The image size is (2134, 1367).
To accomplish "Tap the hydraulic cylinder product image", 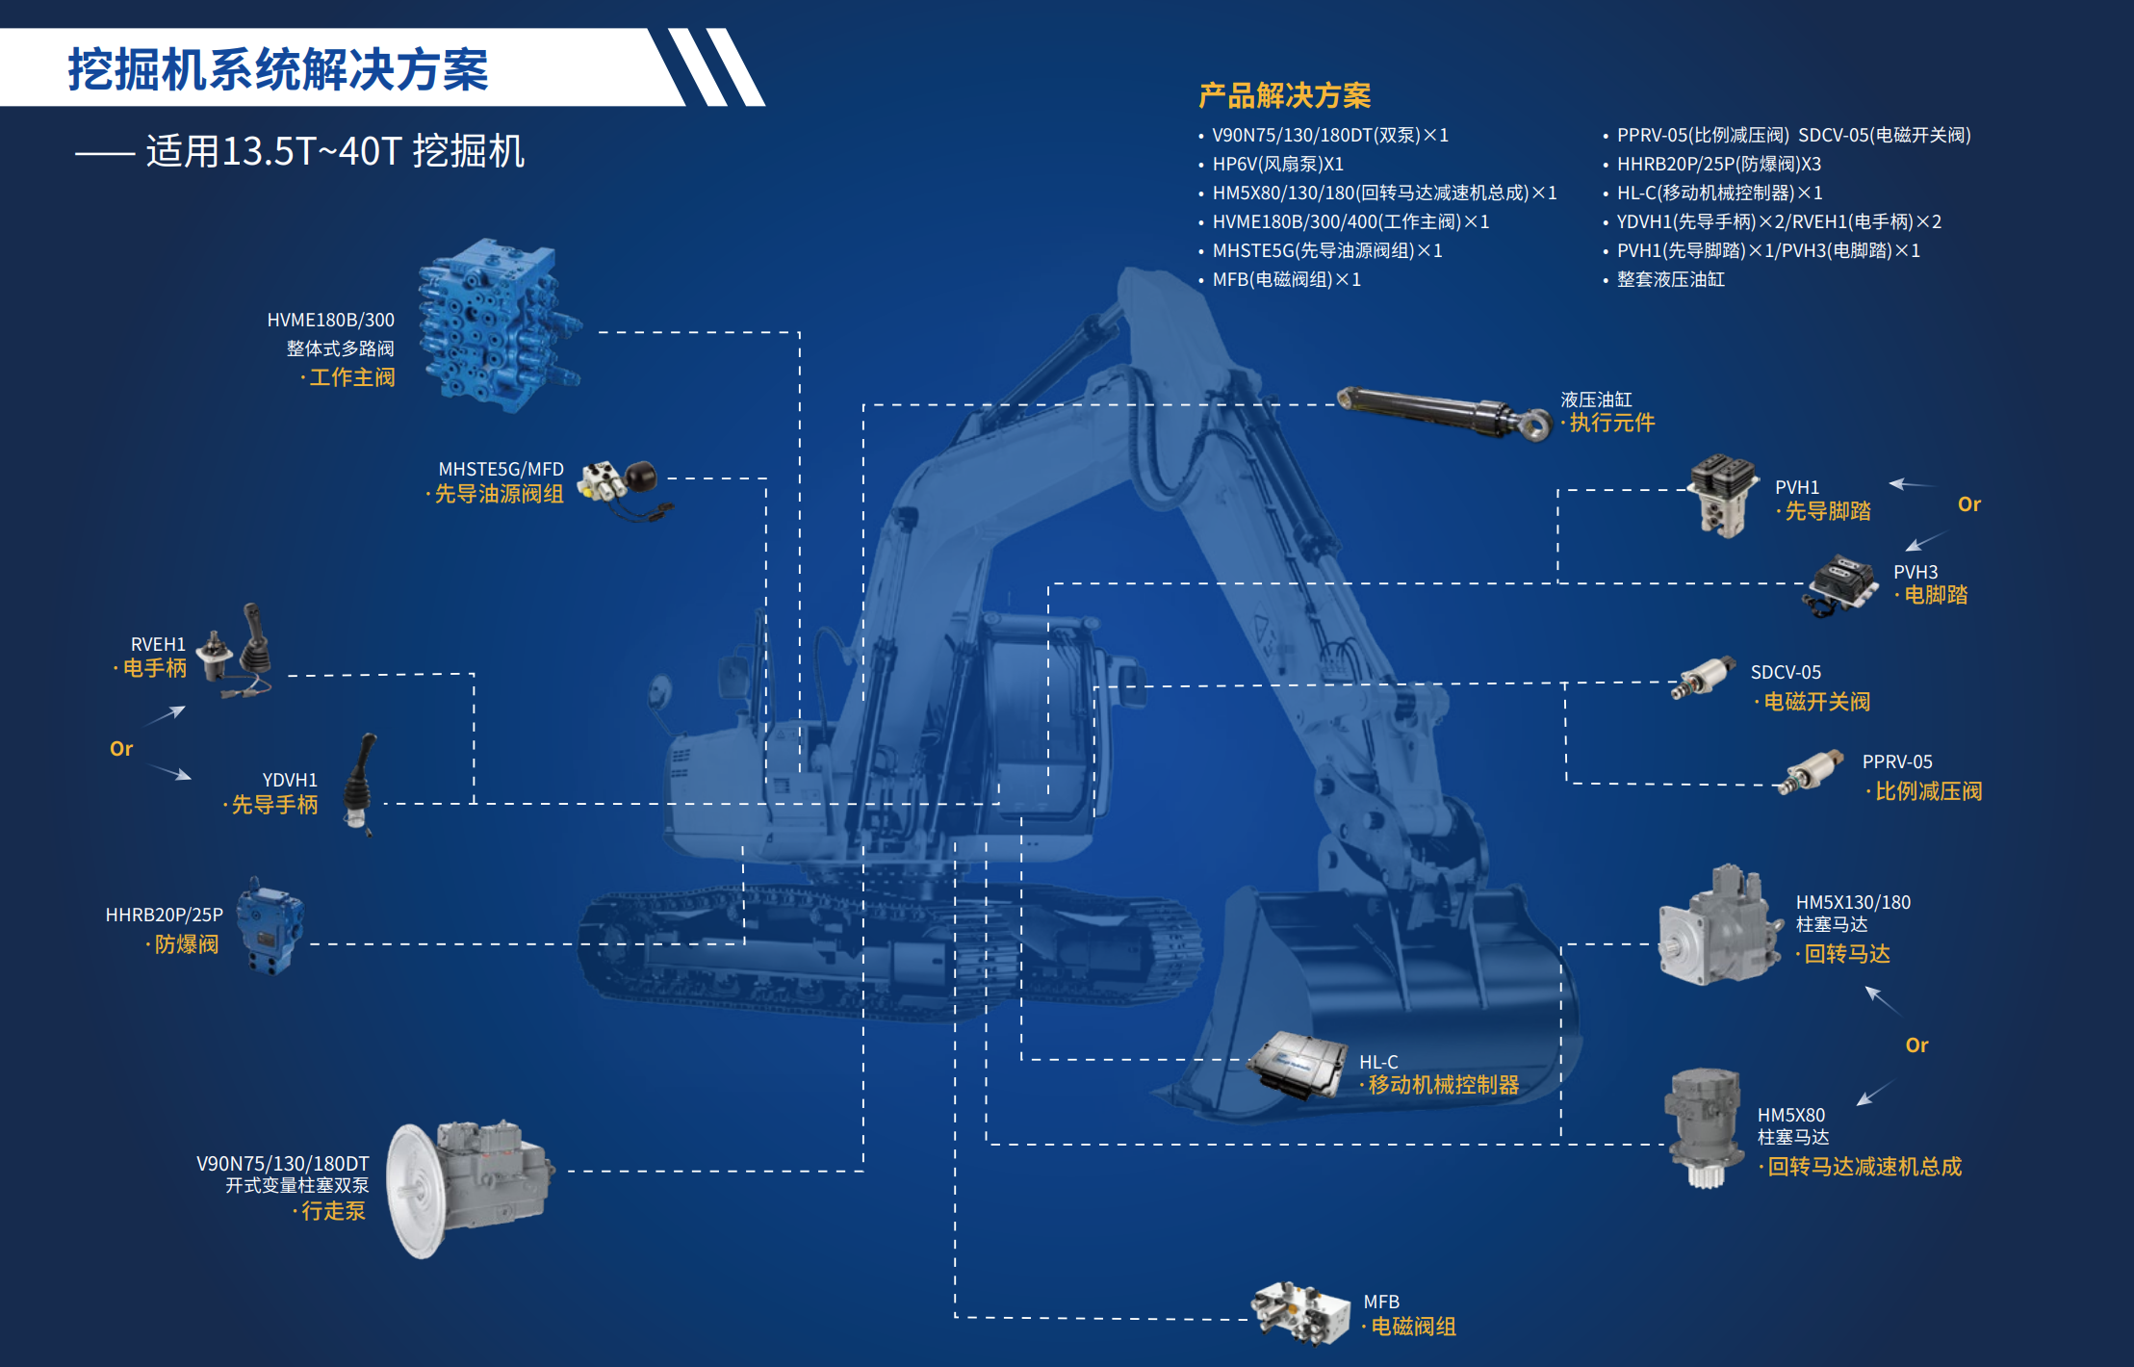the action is [1444, 413].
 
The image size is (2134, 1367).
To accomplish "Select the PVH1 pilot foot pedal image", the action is [1722, 496].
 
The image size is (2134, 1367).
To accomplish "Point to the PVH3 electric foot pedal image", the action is [1840, 583].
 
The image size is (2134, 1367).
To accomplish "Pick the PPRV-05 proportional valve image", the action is [1813, 771].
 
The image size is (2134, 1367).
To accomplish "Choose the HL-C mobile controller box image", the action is [1298, 1064].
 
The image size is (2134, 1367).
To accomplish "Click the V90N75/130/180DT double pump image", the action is [469, 1188].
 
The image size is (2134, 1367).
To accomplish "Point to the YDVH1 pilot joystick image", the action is [360, 784].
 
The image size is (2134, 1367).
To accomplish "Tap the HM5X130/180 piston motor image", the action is [1719, 925].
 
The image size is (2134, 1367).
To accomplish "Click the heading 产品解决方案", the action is [1284, 95].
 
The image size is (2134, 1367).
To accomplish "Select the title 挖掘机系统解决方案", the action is [278, 69].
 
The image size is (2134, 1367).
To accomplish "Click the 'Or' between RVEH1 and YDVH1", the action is [121, 748].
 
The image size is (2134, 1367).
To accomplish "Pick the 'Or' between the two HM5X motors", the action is [1916, 1045].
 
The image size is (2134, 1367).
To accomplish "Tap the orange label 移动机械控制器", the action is [1443, 1085].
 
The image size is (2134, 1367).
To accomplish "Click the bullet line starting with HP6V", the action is [1277, 164].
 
